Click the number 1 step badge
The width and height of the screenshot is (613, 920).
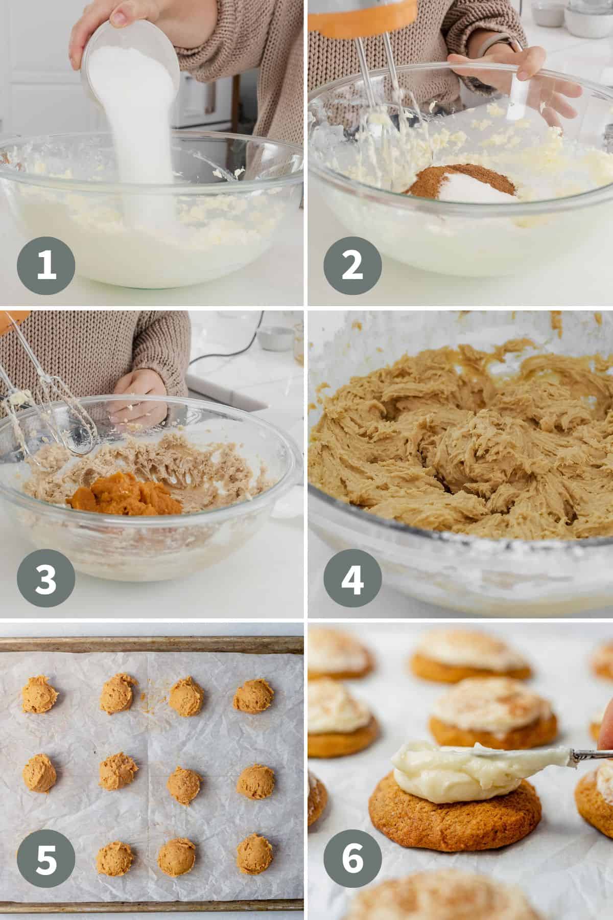point(46,265)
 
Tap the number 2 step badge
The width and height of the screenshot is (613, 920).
point(352,265)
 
